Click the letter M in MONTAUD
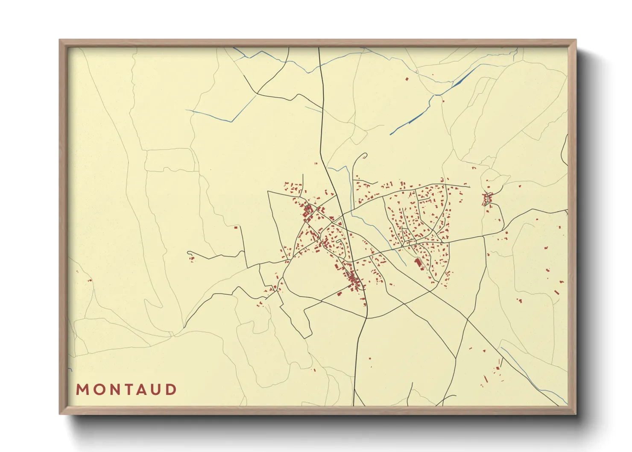[x=82, y=390]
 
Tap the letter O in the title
[x=97, y=390]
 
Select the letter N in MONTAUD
[x=113, y=390]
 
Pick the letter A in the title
[x=141, y=390]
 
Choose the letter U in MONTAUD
[x=156, y=390]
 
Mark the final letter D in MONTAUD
[x=171, y=390]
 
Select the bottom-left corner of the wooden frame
[x=60, y=413]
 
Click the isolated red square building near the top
[x=407, y=79]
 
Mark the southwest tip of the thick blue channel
[x=390, y=135]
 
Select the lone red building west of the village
[x=236, y=227]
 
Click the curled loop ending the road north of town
[x=364, y=156]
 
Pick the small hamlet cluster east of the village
[x=487, y=199]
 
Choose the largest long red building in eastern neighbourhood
[x=418, y=262]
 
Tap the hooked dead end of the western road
[x=188, y=252]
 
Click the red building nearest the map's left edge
[x=90, y=280]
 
